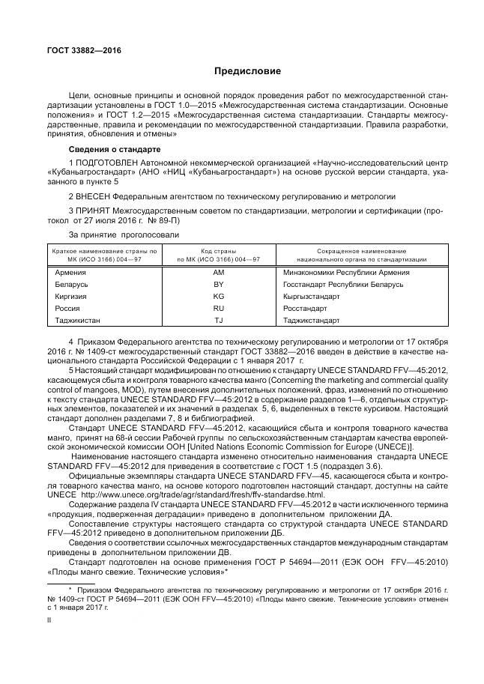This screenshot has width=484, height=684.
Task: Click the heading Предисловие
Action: pyautogui.click(x=247, y=71)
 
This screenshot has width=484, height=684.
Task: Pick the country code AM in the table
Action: pyautogui.click(x=219, y=273)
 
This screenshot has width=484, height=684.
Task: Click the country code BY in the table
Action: pyautogui.click(x=219, y=285)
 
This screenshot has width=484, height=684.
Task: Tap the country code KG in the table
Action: pyautogui.click(x=219, y=297)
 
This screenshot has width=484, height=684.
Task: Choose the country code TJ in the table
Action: pyautogui.click(x=219, y=321)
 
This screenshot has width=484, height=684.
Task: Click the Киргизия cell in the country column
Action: pyautogui.click(x=72, y=297)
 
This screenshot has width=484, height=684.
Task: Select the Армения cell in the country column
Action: pyautogui.click(x=71, y=273)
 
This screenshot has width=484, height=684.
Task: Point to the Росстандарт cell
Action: pyautogui.click(x=305, y=309)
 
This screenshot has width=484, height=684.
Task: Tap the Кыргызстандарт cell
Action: pyautogui.click(x=311, y=297)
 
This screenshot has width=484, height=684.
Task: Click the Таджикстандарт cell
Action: pyautogui.click(x=311, y=321)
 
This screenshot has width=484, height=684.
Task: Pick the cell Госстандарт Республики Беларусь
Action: pyautogui.click(x=343, y=285)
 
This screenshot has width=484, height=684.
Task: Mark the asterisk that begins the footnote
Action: pyautogui.click(x=69, y=590)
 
